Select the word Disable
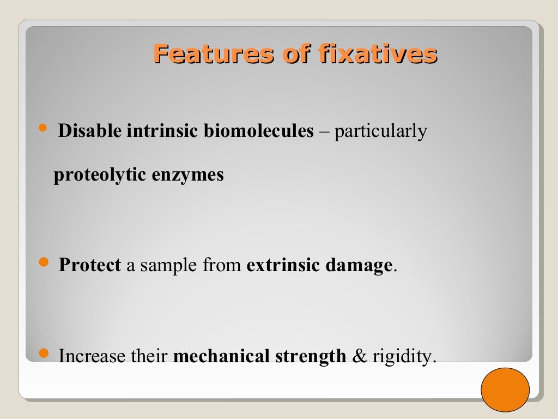pyautogui.click(x=90, y=131)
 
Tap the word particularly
pyautogui.click(x=380, y=131)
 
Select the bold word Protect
pyautogui.click(x=89, y=266)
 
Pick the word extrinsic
pyautogui.click(x=283, y=266)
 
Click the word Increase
pyautogui.click(x=92, y=356)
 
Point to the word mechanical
pyautogui.click(x=222, y=356)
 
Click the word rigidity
pyautogui.click(x=404, y=356)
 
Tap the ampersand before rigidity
pyautogui.click(x=360, y=356)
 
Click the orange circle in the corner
pyautogui.click(x=505, y=390)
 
